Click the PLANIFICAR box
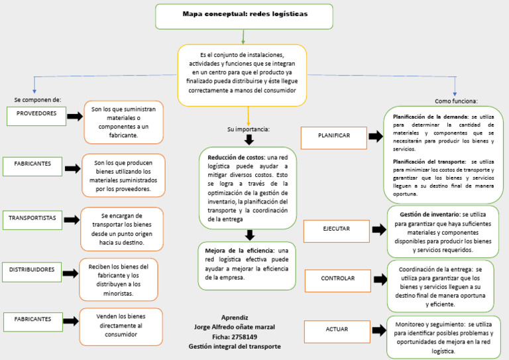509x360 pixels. (x=333, y=137)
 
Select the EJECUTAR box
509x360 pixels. (x=336, y=229)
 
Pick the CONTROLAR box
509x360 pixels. (x=337, y=279)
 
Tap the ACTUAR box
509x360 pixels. (x=337, y=330)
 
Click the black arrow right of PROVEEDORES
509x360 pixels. (x=74, y=117)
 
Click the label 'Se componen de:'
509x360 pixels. (x=38, y=99)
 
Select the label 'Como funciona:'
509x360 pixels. (x=456, y=101)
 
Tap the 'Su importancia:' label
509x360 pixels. (x=249, y=129)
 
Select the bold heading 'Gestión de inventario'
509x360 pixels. (x=429, y=215)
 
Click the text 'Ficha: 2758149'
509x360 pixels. (x=235, y=337)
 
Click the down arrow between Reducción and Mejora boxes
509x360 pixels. (x=249, y=235)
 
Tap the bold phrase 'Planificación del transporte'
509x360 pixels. (x=430, y=161)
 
